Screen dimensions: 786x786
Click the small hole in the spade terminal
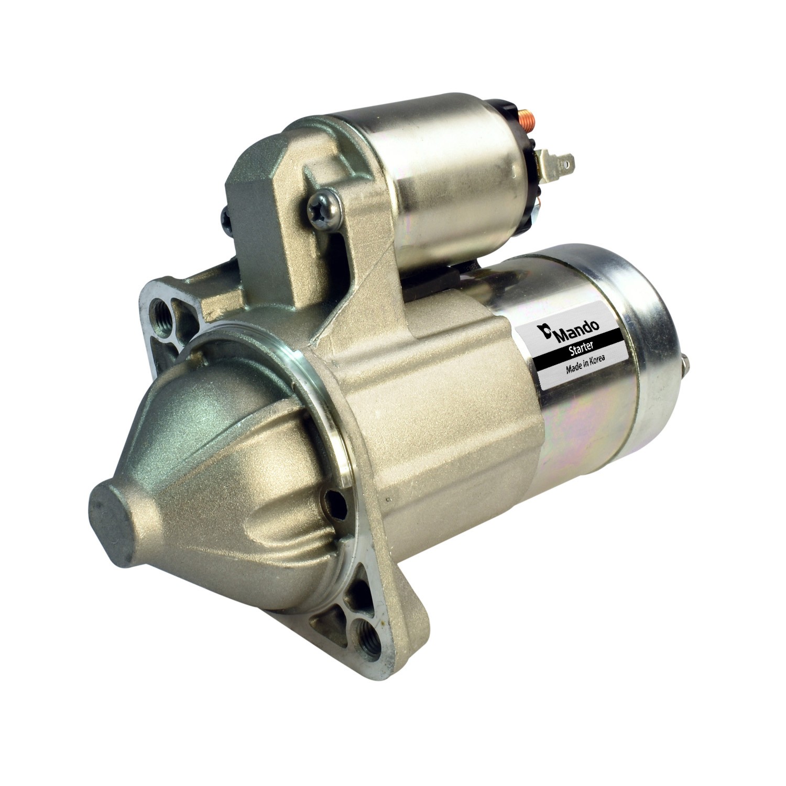click(565, 163)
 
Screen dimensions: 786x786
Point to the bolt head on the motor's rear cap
click(686, 363)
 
